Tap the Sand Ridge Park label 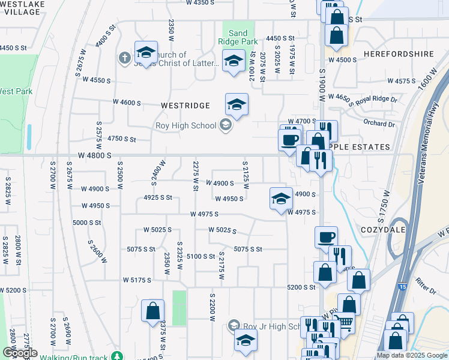238,37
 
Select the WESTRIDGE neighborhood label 185,106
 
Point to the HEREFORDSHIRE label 399,53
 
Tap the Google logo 19,353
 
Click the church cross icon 124,58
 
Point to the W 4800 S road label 95,155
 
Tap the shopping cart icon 344,322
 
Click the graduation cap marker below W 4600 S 237,105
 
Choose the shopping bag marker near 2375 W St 152,311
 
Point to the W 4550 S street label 97,80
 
